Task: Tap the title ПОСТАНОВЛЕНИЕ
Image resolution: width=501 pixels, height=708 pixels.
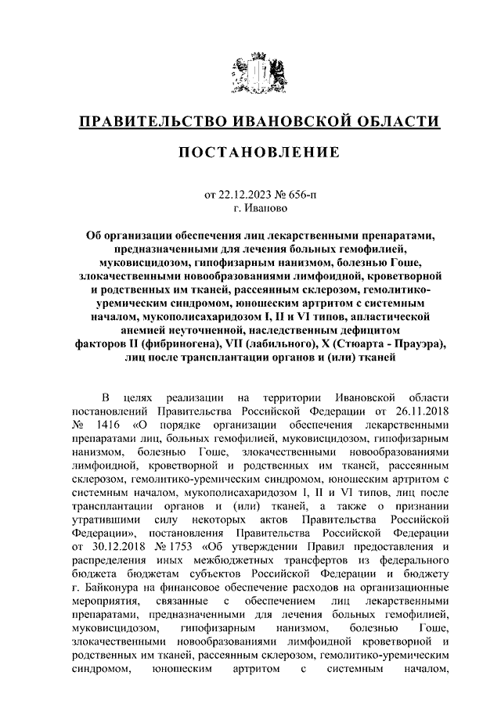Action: [250, 151]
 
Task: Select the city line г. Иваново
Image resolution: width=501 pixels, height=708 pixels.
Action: [250, 209]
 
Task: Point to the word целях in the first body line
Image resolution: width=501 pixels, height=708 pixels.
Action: [150, 396]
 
